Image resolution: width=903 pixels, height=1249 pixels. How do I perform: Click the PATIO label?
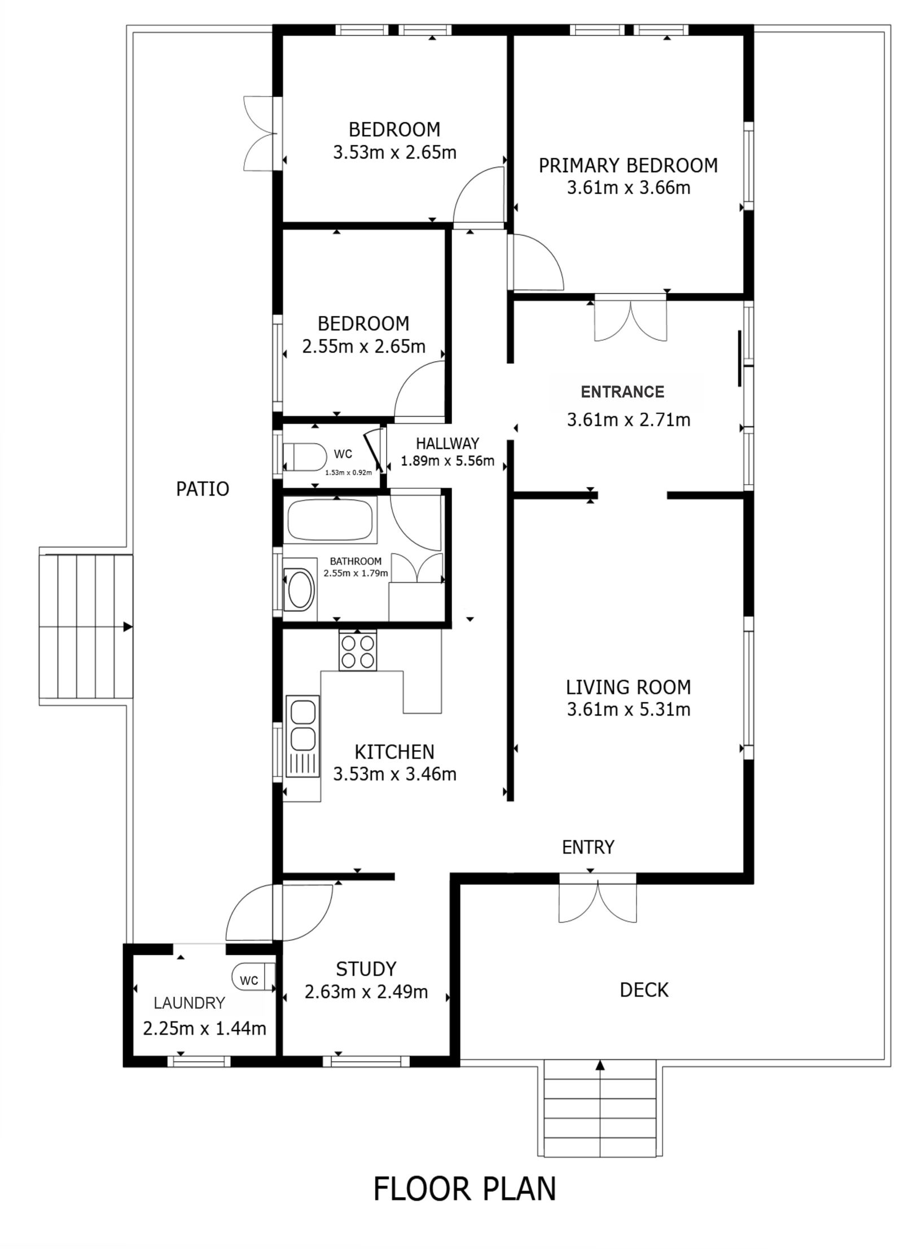pyautogui.click(x=203, y=489)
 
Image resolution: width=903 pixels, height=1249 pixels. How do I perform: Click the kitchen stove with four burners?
pyautogui.click(x=358, y=651)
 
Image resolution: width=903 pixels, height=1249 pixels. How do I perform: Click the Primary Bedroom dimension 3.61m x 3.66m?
pyautogui.click(x=629, y=188)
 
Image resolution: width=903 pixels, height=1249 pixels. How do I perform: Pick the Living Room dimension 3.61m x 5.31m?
pyautogui.click(x=629, y=709)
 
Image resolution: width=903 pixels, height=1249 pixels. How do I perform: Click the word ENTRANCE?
pyautogui.click(x=623, y=392)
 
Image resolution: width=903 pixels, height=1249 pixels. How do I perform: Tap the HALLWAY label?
pyautogui.click(x=448, y=443)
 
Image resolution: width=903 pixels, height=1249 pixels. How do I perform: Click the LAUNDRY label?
pyautogui.click(x=190, y=1003)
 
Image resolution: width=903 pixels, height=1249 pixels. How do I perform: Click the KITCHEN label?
pyautogui.click(x=394, y=752)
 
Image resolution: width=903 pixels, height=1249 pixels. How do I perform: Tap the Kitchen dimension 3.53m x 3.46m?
pyautogui.click(x=394, y=774)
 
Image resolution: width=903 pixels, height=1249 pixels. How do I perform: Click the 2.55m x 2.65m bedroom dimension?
pyautogui.click(x=363, y=347)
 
